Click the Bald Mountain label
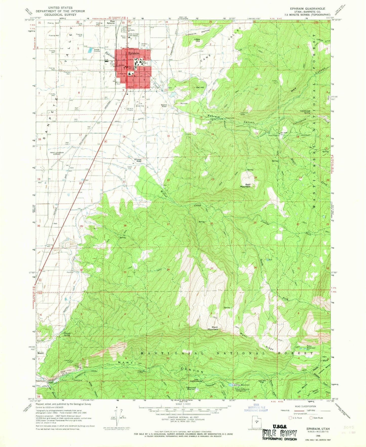point(245,186)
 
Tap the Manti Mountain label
point(213,328)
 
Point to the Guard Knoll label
point(164,106)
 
